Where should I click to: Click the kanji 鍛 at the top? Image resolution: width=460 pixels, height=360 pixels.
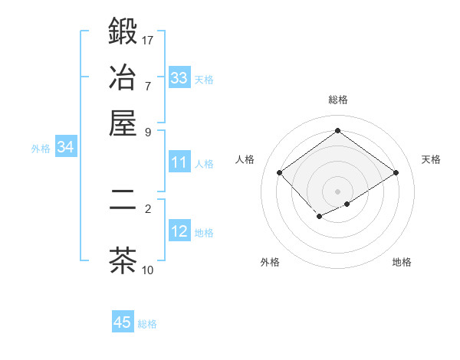(x=123, y=31)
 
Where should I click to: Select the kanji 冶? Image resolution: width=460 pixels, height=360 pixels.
(x=123, y=77)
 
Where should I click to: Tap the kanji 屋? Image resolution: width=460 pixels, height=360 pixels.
(x=123, y=123)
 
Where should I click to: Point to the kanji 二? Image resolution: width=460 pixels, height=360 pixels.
(x=123, y=199)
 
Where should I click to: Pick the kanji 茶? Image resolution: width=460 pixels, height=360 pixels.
(x=123, y=260)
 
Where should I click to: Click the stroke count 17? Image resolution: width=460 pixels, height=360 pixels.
(x=147, y=41)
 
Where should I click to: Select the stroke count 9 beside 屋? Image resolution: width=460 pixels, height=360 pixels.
(x=148, y=133)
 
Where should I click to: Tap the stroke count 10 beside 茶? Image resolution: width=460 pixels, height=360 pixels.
(x=147, y=270)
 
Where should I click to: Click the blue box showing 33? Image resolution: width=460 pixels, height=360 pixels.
(x=179, y=77)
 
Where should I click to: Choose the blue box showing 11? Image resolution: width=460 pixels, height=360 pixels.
(x=179, y=162)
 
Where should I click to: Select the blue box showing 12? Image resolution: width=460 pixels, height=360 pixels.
(x=179, y=230)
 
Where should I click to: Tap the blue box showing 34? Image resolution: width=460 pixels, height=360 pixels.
(x=66, y=146)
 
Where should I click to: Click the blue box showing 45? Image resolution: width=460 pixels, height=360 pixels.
(x=123, y=321)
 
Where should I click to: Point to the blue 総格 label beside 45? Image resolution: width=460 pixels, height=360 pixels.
(x=147, y=324)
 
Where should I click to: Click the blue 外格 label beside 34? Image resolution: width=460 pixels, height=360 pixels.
(x=41, y=149)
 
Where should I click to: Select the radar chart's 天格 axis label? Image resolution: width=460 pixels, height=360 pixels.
(x=431, y=159)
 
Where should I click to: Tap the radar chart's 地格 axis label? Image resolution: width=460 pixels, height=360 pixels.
(x=402, y=262)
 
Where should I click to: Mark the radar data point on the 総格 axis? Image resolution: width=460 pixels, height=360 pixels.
(x=337, y=130)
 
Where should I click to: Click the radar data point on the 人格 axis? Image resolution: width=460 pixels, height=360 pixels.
(x=279, y=172)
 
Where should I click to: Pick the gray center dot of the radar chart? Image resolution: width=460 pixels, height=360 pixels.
(x=337, y=191)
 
